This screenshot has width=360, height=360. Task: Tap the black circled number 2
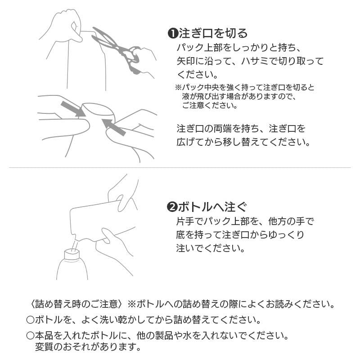coord(172,207)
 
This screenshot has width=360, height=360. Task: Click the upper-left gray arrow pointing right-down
coord(73,109)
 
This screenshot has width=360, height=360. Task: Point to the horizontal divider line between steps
coord(180,168)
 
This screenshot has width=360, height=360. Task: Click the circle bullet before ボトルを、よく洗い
coord(30,320)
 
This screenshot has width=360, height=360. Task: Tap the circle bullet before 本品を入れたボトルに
coord(30,336)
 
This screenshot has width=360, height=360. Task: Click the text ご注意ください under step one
coord(209,106)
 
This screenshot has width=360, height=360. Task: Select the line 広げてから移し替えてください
coord(243,142)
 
